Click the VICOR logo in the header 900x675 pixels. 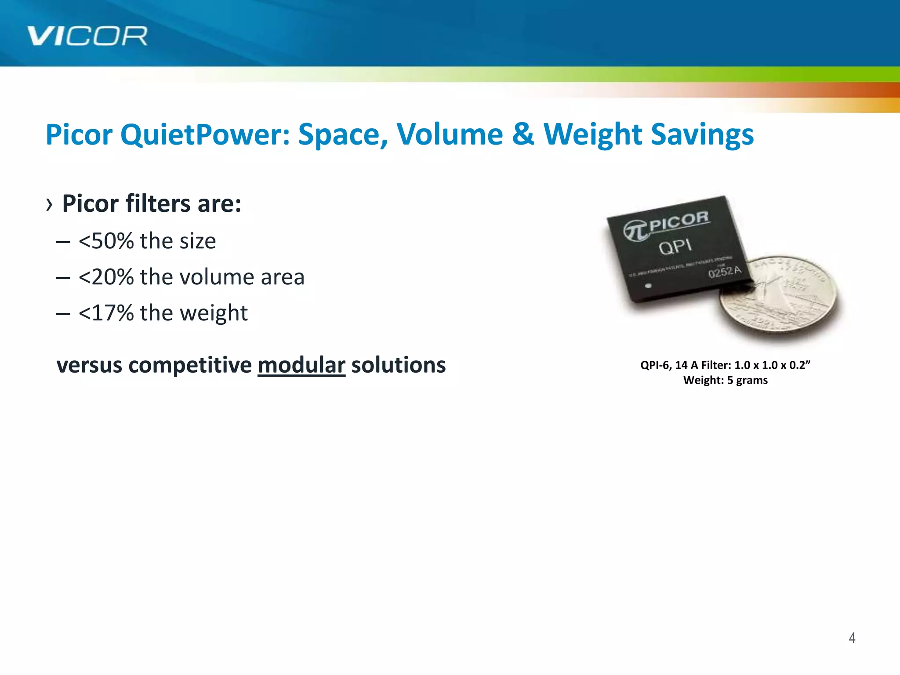coord(87,36)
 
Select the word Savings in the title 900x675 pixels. coord(702,134)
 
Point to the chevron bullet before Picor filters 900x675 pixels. coord(49,204)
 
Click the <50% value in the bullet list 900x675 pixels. coord(106,241)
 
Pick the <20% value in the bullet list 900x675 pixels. coord(106,277)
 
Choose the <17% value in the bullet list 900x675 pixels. coord(106,313)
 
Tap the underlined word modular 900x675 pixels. coord(301,365)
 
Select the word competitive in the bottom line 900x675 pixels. coord(190,365)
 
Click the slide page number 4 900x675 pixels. coord(852,638)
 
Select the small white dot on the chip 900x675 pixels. coord(648,286)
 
